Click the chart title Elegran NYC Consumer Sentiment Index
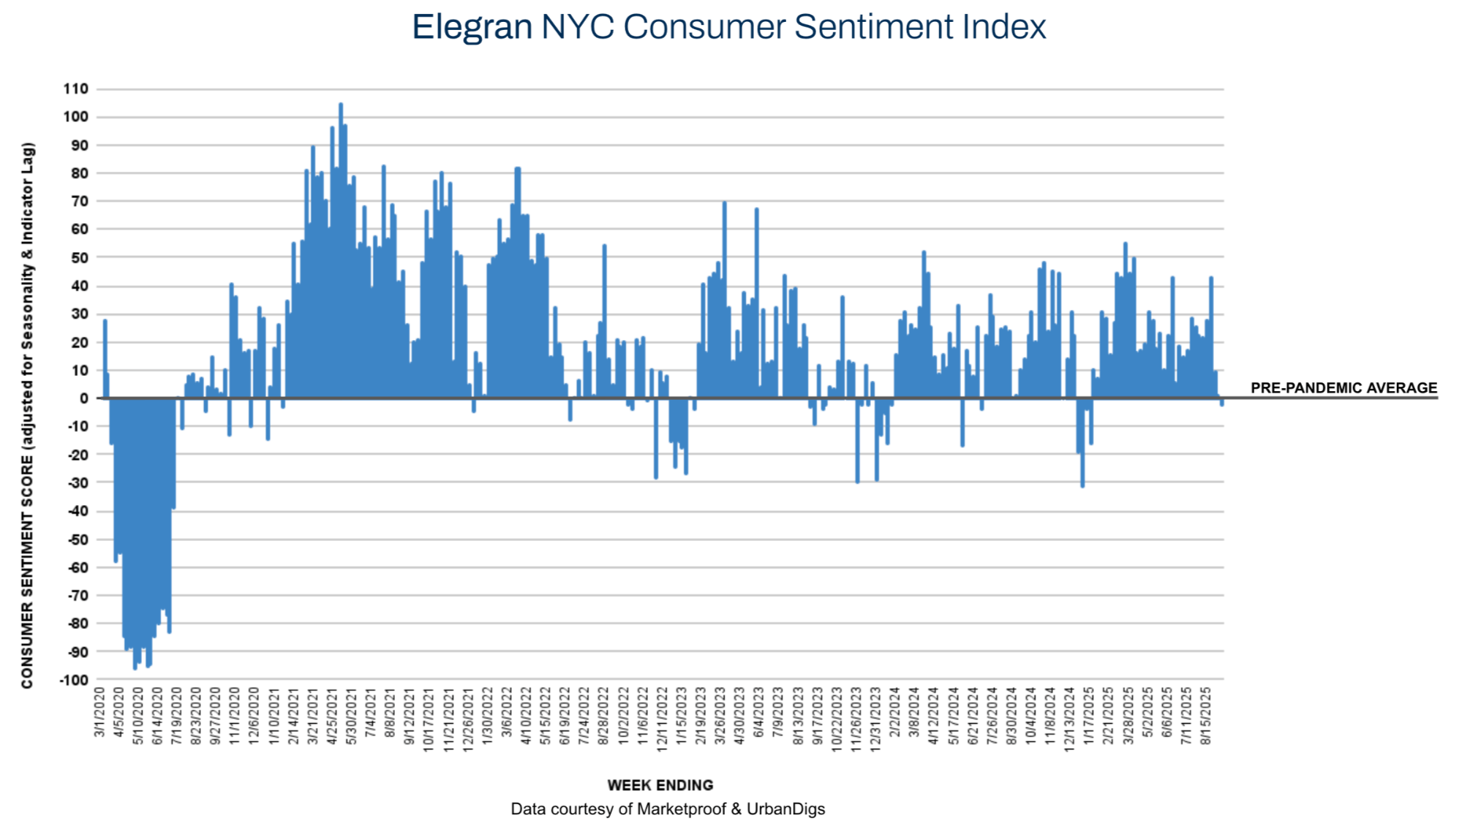pyautogui.click(x=728, y=28)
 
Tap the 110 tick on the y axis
pyautogui.click(x=76, y=89)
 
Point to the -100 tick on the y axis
pyautogui.click(x=74, y=680)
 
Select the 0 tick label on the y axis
pyautogui.click(x=84, y=398)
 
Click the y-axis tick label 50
pyautogui.click(x=79, y=257)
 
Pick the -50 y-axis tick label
pyautogui.click(x=77, y=540)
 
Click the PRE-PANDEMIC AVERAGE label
pyautogui.click(x=1344, y=387)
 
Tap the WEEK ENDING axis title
pyautogui.click(x=660, y=785)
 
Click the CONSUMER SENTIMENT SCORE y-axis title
pyautogui.click(x=28, y=415)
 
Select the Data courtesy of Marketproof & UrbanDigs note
pyautogui.click(x=667, y=809)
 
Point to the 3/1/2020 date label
pyautogui.click(x=100, y=711)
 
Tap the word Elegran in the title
pyautogui.click(x=472, y=28)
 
